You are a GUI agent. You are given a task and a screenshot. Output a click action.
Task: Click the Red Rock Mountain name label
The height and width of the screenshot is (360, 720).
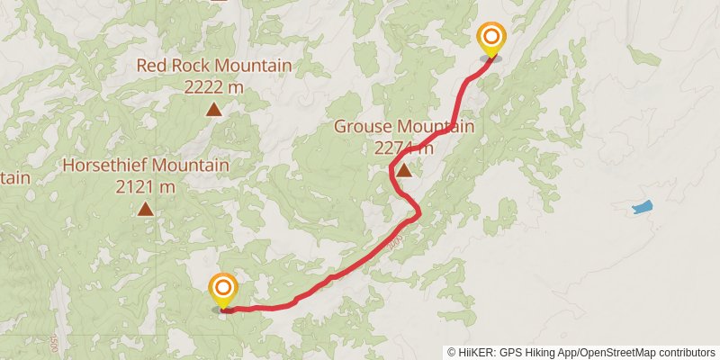click(214, 66)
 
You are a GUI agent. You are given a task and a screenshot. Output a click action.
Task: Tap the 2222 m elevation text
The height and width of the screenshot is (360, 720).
click(214, 87)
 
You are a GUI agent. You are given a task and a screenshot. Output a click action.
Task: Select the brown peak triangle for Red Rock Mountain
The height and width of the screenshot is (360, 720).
click(214, 110)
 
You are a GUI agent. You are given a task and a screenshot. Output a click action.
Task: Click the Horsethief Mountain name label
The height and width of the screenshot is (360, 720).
click(146, 166)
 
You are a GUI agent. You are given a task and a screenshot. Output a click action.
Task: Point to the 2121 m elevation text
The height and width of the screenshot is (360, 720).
click(146, 187)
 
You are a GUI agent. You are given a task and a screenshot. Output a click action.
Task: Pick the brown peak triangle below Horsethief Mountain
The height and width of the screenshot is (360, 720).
click(146, 210)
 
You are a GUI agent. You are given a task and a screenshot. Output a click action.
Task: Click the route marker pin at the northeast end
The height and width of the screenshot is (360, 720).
click(491, 39)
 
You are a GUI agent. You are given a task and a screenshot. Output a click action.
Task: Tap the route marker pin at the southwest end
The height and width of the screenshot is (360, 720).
click(223, 290)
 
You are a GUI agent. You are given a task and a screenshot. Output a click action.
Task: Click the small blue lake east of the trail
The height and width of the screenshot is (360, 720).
click(642, 208)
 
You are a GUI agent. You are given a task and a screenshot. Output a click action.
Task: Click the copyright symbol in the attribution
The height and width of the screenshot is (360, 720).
click(452, 352)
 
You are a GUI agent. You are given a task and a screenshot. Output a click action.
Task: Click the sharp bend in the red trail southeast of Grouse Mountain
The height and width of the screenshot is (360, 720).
click(418, 213)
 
